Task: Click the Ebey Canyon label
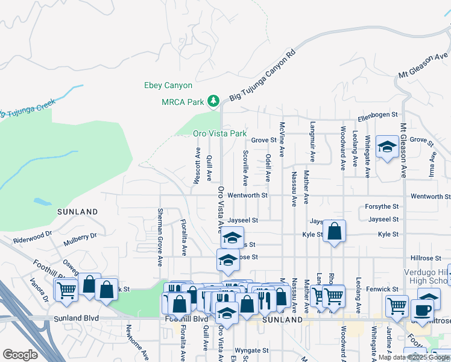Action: click(168, 86)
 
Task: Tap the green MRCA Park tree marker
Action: click(213, 101)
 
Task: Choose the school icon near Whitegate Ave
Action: click(386, 147)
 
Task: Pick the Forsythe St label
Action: click(382, 207)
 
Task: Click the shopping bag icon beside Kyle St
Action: click(334, 231)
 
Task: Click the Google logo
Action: click(20, 355)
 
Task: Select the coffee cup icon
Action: click(422, 310)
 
